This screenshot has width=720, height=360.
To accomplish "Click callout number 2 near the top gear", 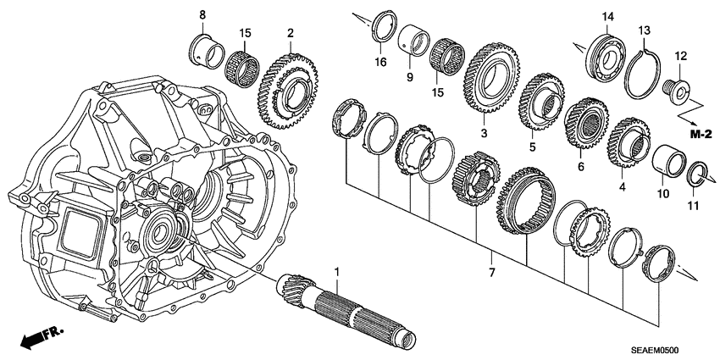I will pyautogui.click(x=291, y=33).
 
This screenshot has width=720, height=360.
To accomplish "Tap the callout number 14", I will pyautogui.click(x=608, y=17).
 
